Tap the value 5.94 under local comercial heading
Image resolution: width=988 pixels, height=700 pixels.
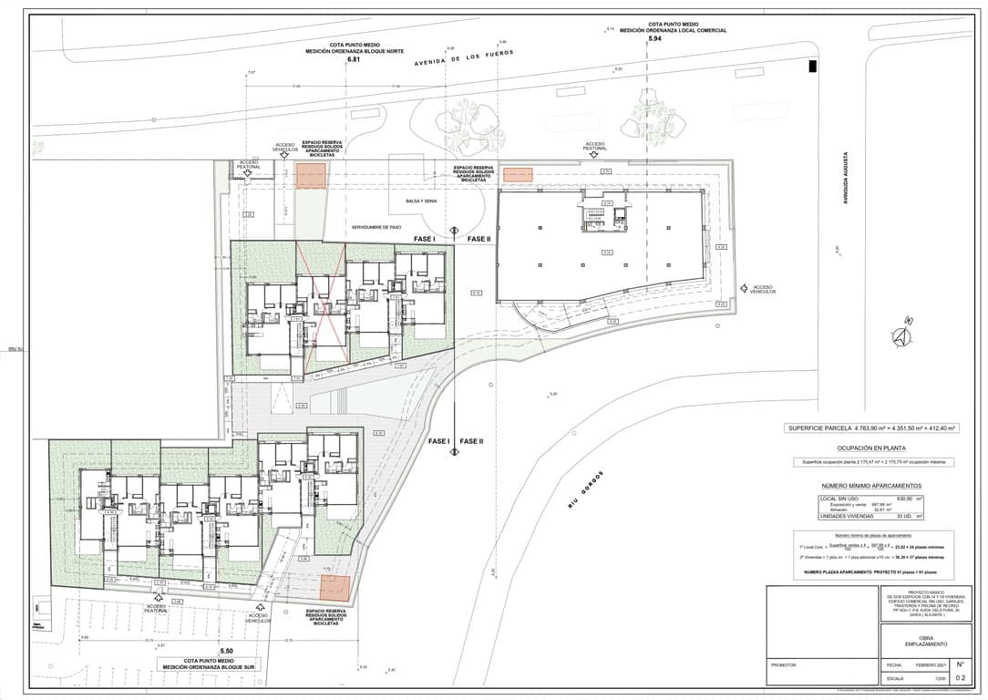(x=654, y=39)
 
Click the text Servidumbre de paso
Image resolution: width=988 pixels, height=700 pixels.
(x=376, y=227)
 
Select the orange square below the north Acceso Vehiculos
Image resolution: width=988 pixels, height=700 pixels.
(x=310, y=177)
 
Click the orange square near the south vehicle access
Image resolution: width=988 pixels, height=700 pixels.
(x=334, y=588)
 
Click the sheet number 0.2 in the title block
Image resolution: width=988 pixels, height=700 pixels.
(x=960, y=678)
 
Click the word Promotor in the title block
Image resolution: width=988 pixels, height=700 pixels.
(x=784, y=666)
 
